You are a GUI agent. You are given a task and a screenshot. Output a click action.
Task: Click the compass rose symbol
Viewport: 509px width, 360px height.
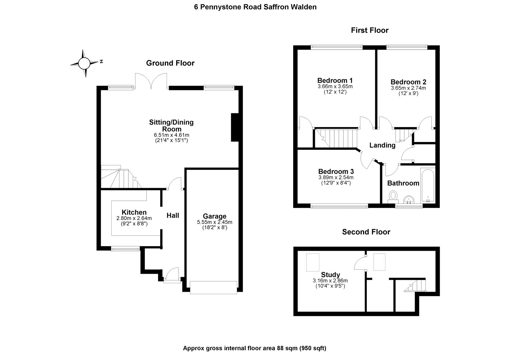click(84, 63)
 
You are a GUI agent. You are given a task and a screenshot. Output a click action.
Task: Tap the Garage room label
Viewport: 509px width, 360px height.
click(214, 216)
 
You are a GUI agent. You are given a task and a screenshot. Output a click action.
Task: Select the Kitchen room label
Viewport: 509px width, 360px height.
click(134, 213)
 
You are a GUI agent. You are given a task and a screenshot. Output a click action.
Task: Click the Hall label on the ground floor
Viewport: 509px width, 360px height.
click(173, 215)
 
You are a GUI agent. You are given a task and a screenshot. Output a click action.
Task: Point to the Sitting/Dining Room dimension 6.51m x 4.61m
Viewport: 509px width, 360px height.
click(171, 135)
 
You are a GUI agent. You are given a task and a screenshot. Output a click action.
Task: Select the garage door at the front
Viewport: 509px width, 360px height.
click(213, 287)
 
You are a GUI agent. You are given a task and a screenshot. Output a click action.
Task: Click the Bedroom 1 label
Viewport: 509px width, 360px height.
click(335, 80)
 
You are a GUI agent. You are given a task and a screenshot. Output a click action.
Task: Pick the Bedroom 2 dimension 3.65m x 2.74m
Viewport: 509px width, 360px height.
click(408, 88)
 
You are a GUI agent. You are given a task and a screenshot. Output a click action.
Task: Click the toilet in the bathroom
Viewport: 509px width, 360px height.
click(394, 196)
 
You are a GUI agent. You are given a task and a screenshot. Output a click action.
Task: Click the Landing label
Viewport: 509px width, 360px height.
click(382, 145)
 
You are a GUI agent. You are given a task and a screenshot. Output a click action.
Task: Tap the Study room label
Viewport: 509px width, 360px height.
click(331, 275)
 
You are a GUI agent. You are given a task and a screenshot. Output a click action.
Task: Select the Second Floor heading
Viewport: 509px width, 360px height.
click(366, 232)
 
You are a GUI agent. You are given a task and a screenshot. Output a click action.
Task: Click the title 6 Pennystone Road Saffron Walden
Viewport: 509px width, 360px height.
click(255, 7)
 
